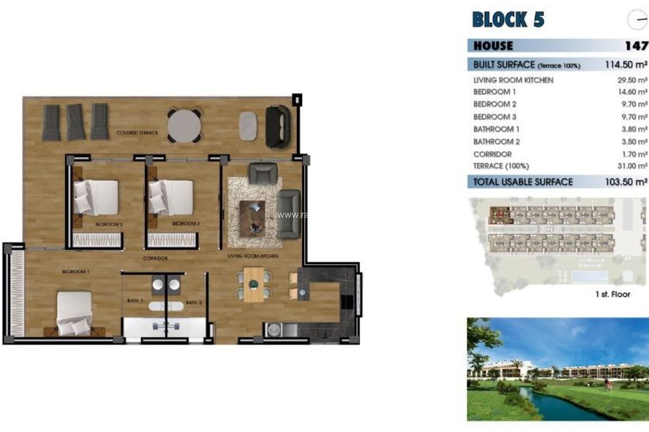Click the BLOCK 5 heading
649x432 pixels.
pyautogui.click(x=508, y=19)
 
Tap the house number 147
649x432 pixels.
pyautogui.click(x=636, y=46)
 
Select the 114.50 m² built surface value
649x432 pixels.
pyautogui.click(x=626, y=64)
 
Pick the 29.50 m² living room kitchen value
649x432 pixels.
pyautogui.click(x=632, y=80)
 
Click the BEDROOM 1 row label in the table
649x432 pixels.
pyautogui.click(x=494, y=92)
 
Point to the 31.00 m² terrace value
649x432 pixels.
pyautogui.click(x=632, y=166)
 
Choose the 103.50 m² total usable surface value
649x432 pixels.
pyautogui.click(x=626, y=182)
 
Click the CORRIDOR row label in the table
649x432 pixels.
pyautogui.click(x=492, y=154)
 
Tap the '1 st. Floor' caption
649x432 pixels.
pyautogui.click(x=612, y=294)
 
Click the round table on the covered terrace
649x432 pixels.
pyautogui.click(x=184, y=126)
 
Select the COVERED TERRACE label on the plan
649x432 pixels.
pyautogui.click(x=137, y=133)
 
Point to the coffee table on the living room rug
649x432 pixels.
pyautogui.click(x=252, y=218)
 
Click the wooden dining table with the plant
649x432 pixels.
pyautogui.click(x=254, y=285)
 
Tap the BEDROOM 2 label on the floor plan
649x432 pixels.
pyautogui.click(x=109, y=224)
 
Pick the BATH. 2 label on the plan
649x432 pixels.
pyautogui.click(x=194, y=303)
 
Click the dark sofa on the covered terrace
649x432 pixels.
pyautogui.click(x=278, y=127)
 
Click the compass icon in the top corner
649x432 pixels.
pyautogui.click(x=637, y=20)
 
